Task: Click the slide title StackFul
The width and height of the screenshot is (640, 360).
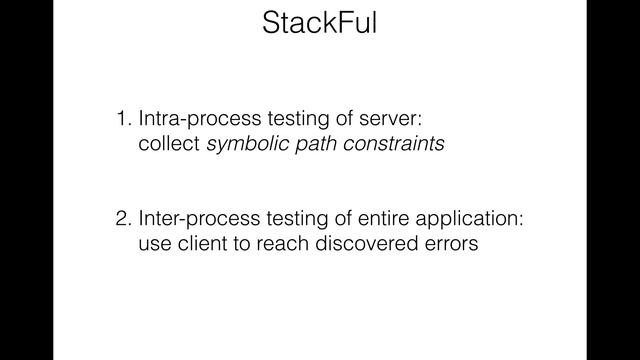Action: coord(320,25)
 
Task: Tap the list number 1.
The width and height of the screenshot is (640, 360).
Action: coord(122,120)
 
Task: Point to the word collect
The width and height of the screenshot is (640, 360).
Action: coord(169,144)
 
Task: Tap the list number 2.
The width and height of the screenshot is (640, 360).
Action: coord(122,218)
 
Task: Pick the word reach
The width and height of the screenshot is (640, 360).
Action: coord(282,242)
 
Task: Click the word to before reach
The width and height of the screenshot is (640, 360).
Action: coord(245,242)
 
